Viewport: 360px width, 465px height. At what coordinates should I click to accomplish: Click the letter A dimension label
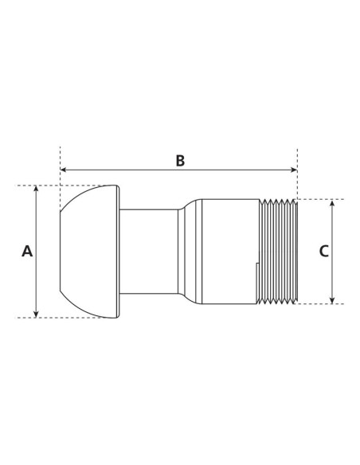(x=27, y=251)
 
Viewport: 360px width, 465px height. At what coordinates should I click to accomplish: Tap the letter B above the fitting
(x=180, y=160)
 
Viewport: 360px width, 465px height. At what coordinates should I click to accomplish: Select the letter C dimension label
(x=323, y=251)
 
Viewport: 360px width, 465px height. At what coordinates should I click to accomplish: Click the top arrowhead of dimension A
(x=37, y=190)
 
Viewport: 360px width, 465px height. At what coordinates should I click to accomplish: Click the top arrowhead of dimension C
(x=332, y=203)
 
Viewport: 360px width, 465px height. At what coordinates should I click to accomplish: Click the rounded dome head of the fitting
(x=86, y=251)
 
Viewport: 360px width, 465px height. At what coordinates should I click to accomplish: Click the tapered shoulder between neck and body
(x=186, y=251)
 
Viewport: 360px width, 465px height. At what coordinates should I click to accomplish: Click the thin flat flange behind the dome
(x=119, y=251)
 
